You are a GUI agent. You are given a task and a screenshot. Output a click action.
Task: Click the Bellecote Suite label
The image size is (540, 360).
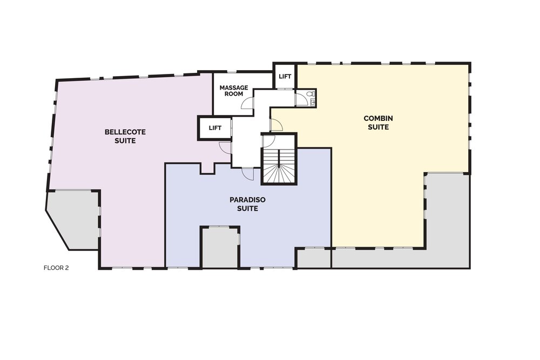[125, 137]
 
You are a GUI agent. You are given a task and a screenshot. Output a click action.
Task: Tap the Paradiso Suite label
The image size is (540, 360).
[248, 204]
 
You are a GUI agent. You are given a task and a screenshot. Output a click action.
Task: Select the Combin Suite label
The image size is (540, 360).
[378, 123]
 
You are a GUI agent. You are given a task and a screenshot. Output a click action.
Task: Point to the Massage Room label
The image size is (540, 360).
[234, 91]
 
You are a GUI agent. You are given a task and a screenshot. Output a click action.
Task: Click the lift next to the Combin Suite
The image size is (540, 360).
[285, 77]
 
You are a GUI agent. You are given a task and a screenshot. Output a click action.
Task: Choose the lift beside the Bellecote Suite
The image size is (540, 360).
[215, 128]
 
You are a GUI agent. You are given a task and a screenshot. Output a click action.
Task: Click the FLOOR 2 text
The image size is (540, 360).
[56, 268]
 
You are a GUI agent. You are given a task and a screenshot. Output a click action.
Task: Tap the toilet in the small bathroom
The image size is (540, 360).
[312, 93]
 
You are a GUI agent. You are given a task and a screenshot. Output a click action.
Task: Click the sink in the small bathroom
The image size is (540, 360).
[312, 102]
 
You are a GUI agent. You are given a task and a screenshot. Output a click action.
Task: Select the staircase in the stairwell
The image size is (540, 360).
[279, 166]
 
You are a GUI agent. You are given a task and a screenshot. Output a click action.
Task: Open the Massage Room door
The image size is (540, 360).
[248, 103]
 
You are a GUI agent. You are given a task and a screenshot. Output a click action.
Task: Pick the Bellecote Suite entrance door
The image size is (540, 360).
[225, 147]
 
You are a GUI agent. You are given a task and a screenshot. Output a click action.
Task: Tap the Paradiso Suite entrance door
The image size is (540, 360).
[248, 173]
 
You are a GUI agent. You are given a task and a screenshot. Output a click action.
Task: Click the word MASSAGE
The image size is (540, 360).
[234, 88]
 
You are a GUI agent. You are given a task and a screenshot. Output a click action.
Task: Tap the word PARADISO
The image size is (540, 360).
[248, 200]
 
